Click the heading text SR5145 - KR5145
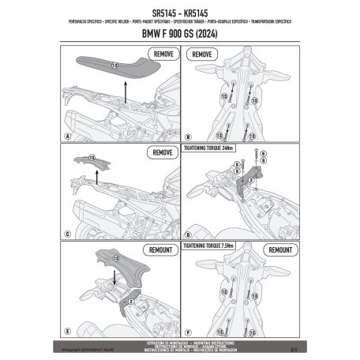click(x=179, y=13)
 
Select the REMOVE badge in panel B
click(x=203, y=55)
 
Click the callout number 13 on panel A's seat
click(x=114, y=64)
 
